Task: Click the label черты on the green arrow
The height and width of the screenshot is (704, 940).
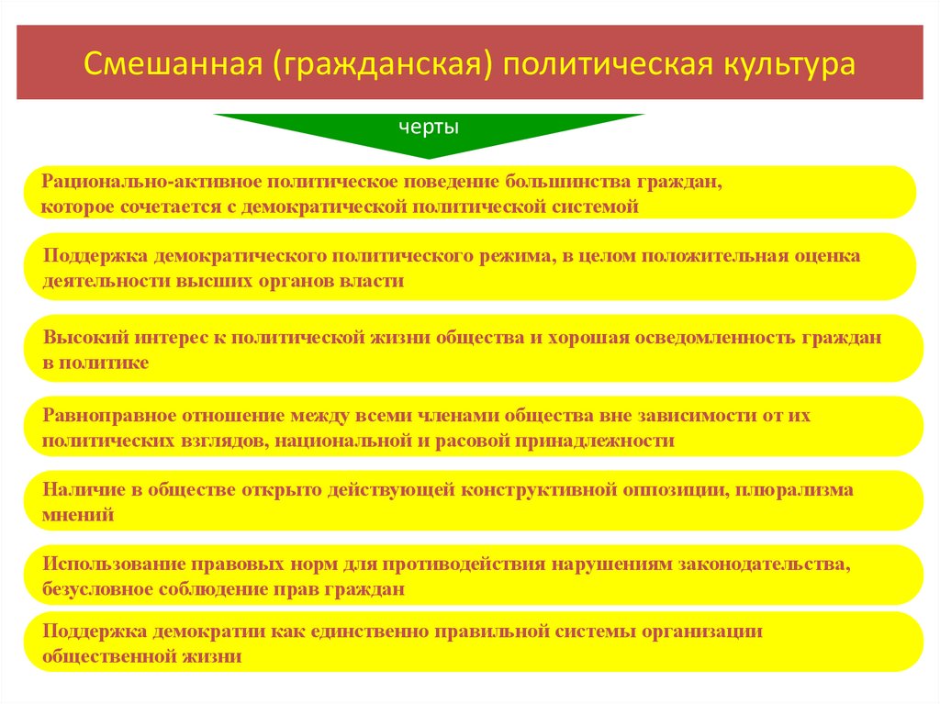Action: pyautogui.click(x=429, y=127)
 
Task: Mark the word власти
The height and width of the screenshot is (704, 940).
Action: pyautogui.click(x=376, y=281)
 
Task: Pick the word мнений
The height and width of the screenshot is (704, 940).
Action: pyautogui.click(x=78, y=514)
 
